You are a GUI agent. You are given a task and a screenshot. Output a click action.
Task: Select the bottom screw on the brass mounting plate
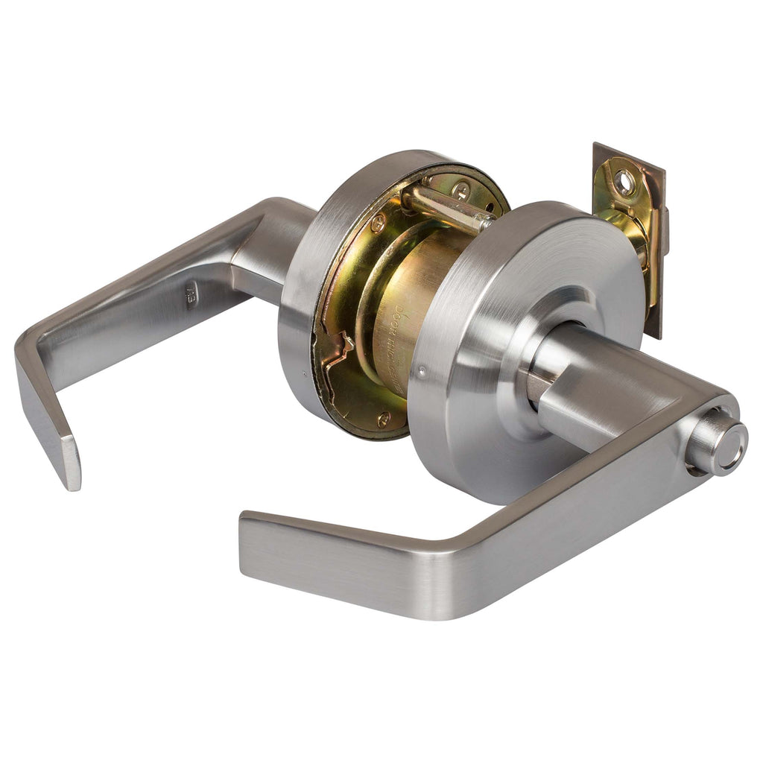pos(383,419)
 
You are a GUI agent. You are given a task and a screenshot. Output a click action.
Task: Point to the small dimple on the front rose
pos(422,367)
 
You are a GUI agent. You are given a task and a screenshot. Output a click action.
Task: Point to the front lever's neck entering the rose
pos(566,373)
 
